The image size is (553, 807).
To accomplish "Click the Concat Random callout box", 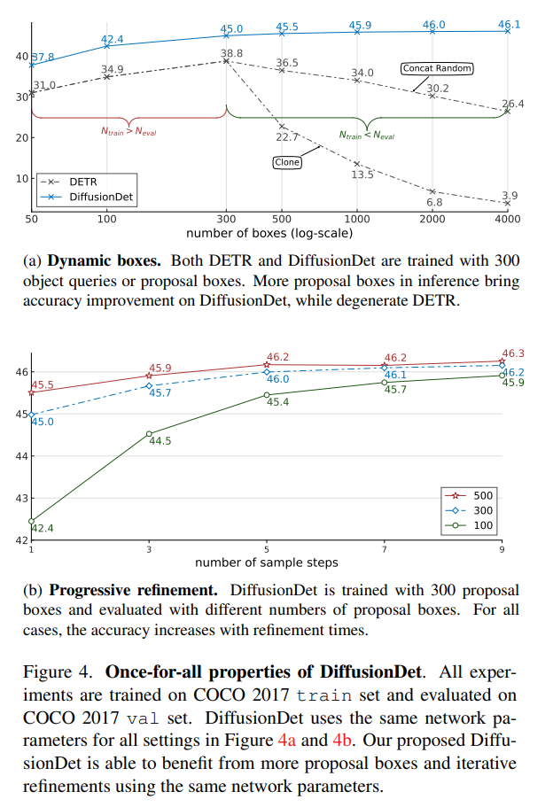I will pos(437,68).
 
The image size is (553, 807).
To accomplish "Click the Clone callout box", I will pos(286,162).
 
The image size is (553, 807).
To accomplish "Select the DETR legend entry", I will pos(80,182).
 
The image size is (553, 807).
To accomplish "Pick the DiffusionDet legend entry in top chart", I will pos(93,197).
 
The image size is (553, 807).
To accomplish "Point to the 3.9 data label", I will pos(510,196).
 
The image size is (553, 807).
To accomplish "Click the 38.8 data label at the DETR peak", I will pos(232,54).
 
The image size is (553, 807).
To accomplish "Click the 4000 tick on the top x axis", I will pos(508,219).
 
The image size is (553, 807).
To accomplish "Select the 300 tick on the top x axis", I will pos(226,219).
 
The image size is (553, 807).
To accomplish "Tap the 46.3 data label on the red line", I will pos(513,353).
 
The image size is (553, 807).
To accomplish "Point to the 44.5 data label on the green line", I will pos(160,441).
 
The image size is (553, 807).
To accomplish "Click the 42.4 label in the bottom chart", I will pos(43,529).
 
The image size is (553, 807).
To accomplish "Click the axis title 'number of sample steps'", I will pos(266,562).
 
